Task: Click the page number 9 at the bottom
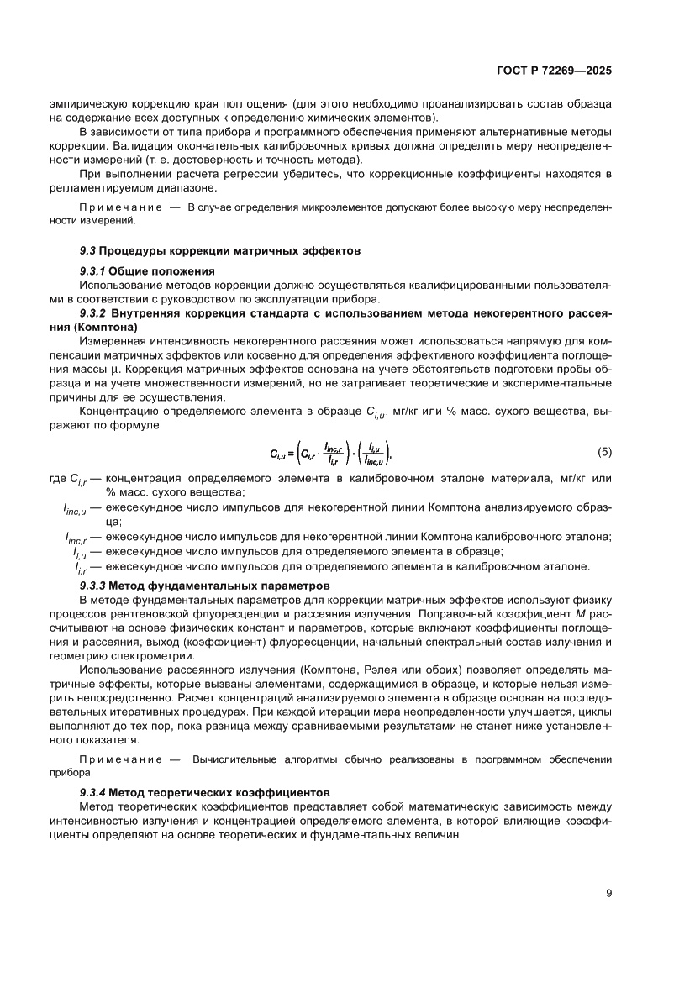tap(608, 893)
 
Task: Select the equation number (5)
tap(604, 452)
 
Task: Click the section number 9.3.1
tap(92, 270)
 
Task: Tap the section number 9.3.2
tap(92, 313)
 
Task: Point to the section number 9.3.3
tap(92, 585)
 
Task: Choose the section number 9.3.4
tap(92, 792)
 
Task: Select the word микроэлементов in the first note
tap(287, 207)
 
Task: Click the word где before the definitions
tap(61, 478)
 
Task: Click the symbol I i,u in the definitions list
tap(82, 552)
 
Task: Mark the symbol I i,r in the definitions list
tap(82, 566)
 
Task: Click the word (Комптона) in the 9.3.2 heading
tap(103, 327)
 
